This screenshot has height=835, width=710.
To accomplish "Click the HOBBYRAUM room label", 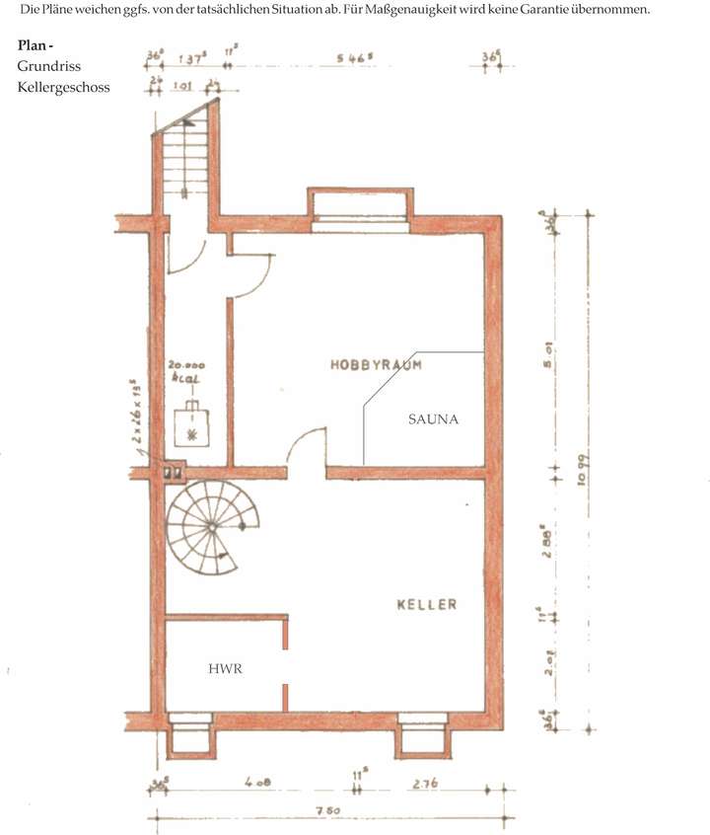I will point(376,364).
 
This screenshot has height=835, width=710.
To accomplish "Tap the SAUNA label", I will point(433,418).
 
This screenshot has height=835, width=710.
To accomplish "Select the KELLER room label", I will point(426,604).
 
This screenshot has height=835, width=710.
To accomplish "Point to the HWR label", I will point(225,668).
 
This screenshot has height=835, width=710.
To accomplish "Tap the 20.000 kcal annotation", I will point(186,370).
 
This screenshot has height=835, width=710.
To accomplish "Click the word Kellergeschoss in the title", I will point(63,87).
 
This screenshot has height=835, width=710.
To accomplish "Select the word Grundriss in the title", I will point(48,66).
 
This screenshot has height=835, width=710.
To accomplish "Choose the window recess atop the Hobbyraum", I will point(360,208).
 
